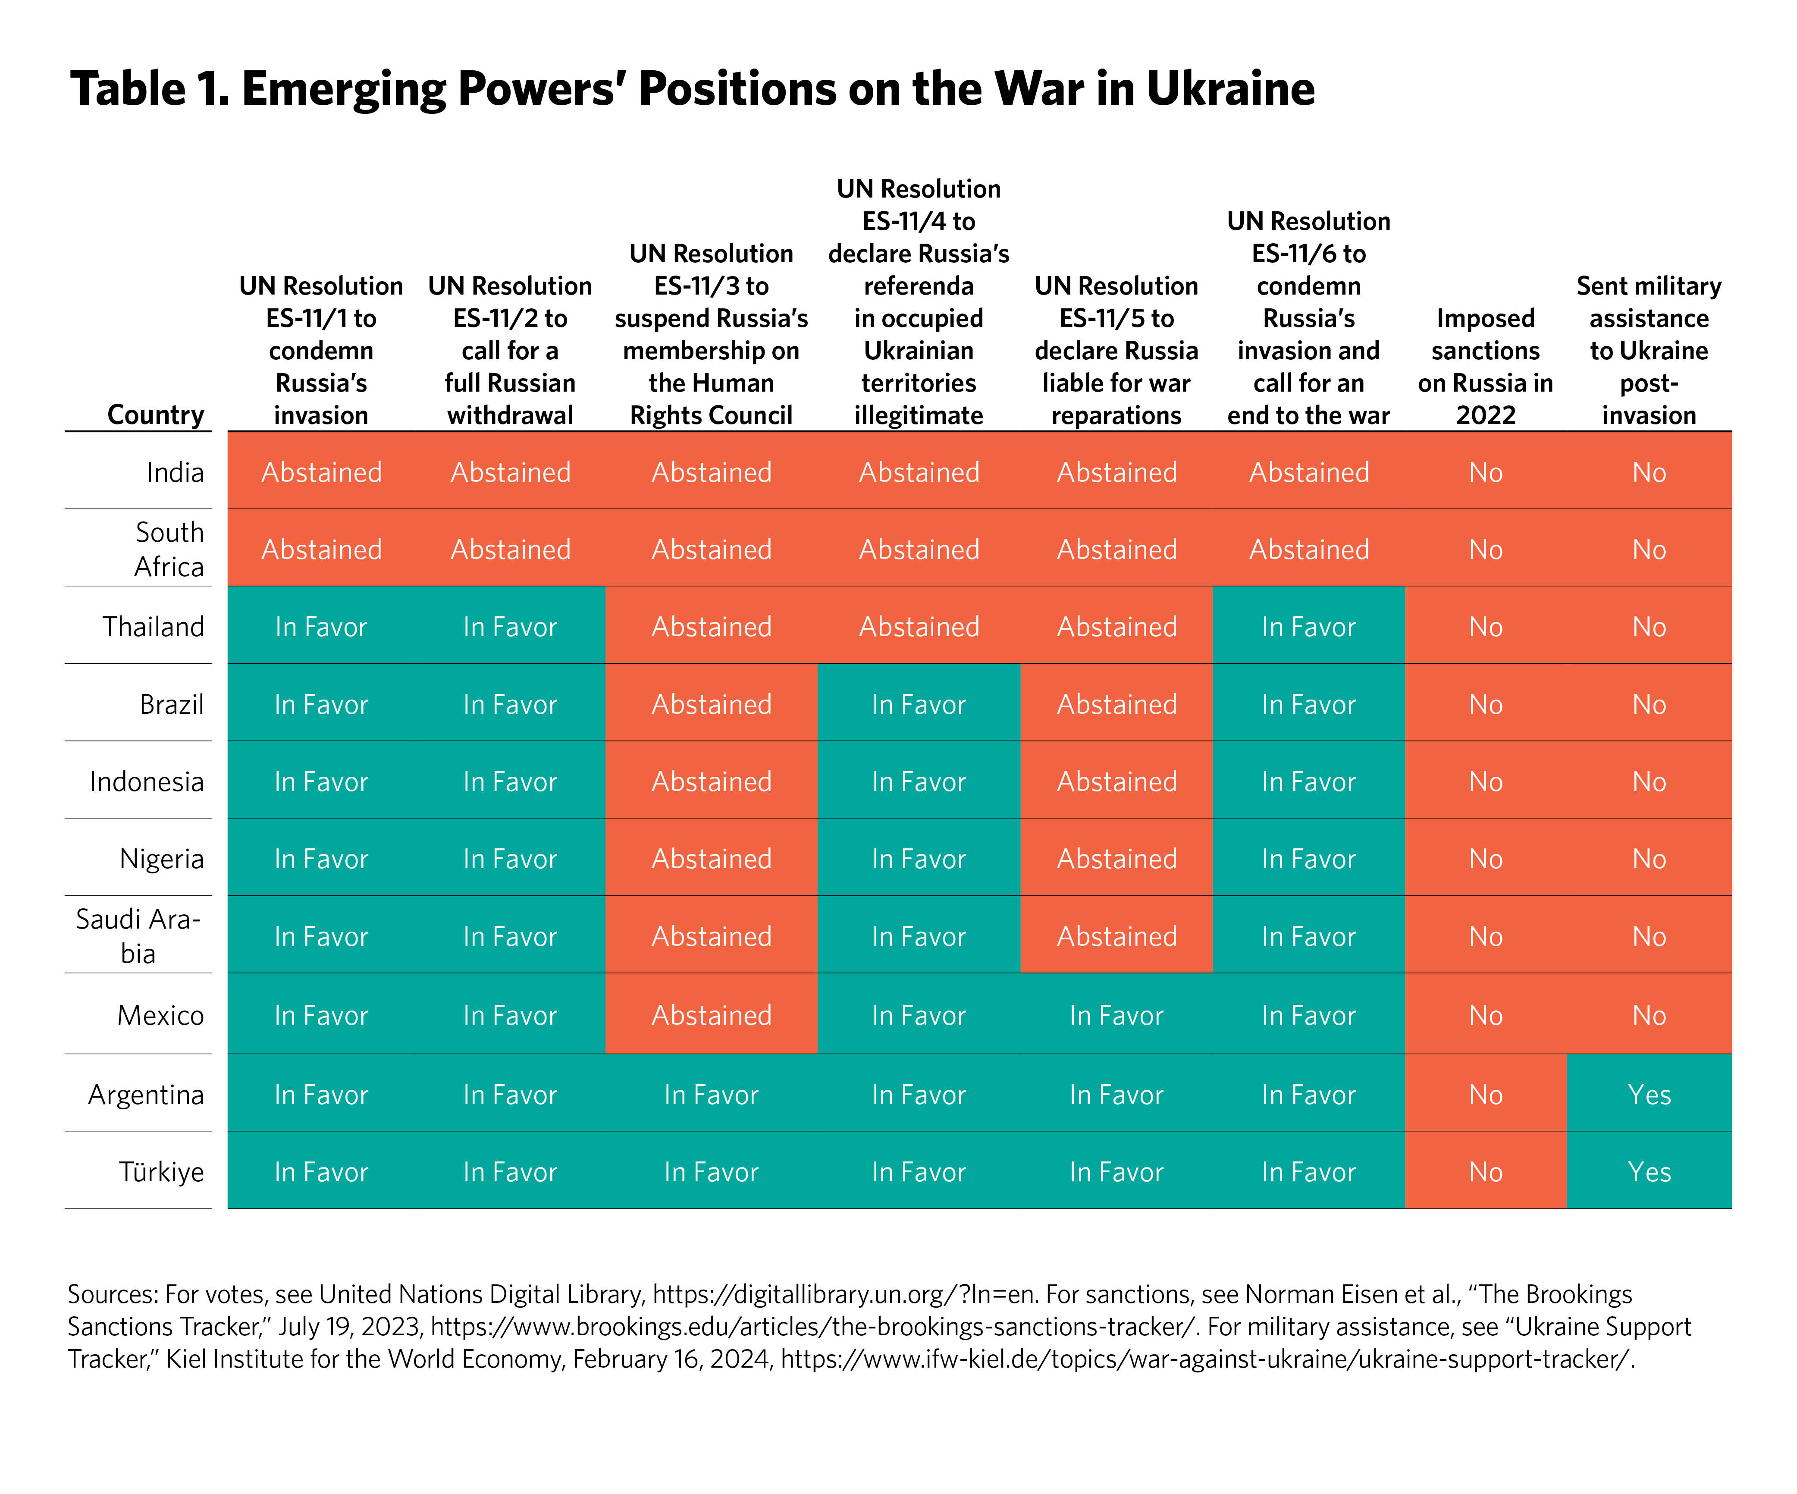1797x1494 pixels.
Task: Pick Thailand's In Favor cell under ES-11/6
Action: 1308,627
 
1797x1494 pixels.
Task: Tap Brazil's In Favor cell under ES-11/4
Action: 918,704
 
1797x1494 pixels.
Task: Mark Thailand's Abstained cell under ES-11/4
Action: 918,627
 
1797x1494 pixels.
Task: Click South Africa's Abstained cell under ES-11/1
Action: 321,549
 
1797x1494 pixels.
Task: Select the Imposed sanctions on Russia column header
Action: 1486,366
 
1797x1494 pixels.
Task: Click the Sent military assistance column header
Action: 1649,350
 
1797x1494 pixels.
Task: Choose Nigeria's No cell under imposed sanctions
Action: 1486,859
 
